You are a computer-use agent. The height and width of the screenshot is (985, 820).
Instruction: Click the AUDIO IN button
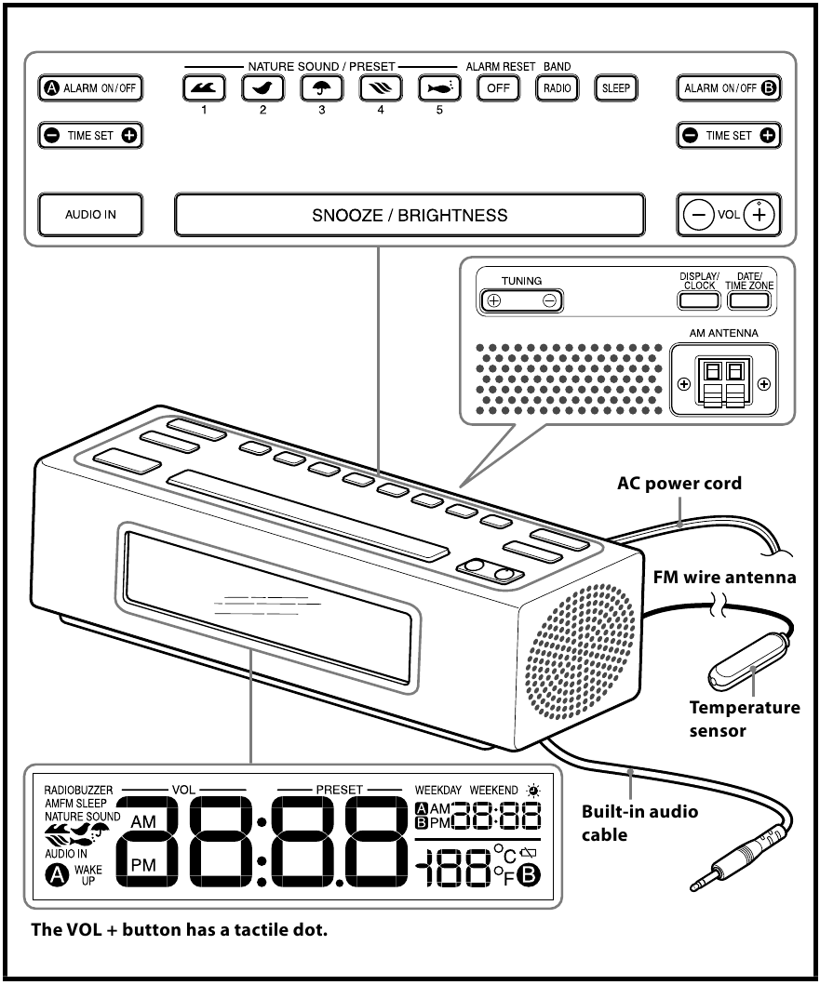coord(90,214)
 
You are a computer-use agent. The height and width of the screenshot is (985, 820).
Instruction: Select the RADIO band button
coord(556,88)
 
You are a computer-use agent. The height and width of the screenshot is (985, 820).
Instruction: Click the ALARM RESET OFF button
coord(495,88)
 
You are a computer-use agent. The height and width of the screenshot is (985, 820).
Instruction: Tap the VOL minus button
coord(695,214)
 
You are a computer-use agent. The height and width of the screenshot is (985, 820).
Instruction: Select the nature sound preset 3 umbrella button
coord(321,88)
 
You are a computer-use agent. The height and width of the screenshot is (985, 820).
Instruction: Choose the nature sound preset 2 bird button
coord(262,88)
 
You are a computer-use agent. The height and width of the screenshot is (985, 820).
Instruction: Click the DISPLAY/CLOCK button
coord(698,299)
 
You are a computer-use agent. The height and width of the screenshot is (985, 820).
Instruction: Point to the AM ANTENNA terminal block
coord(723,383)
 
